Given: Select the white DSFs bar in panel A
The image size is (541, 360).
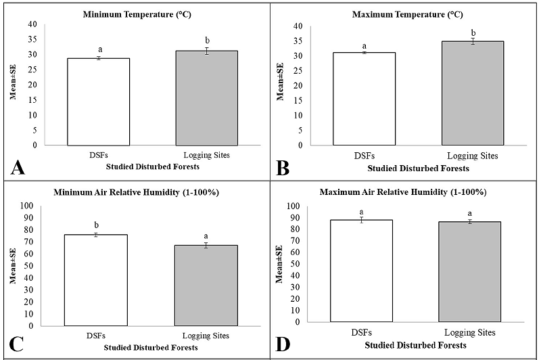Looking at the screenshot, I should tap(99, 102).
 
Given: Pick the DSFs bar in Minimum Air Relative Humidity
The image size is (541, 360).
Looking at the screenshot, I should tap(95, 280).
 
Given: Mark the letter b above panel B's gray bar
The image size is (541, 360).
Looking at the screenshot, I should tap(473, 32).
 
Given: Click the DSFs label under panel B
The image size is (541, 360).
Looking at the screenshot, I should tap(364, 156).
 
